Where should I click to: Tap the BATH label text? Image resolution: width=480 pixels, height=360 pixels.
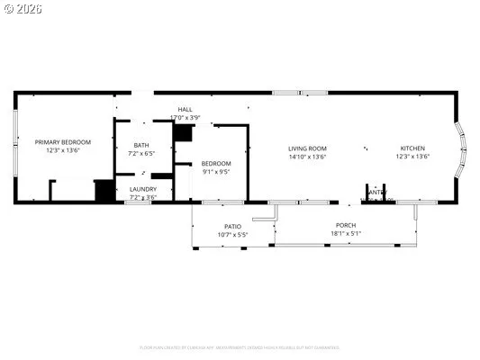142,145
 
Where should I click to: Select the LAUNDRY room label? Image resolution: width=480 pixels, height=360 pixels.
143,189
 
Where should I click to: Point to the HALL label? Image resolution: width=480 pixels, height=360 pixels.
185,110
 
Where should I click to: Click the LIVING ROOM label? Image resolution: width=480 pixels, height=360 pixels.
307,148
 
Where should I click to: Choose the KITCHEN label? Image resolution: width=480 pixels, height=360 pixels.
413,148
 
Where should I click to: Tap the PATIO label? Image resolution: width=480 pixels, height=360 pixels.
232,226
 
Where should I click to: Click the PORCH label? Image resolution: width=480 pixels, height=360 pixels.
346,226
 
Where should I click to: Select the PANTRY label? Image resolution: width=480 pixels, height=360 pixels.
376,192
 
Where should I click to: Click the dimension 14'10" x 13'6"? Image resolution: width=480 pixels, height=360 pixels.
307,157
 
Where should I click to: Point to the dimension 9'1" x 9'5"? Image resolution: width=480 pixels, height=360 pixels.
216,171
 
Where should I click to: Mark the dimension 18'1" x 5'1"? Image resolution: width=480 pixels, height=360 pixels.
346,234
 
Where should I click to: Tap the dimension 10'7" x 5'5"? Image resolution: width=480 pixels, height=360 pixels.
232,234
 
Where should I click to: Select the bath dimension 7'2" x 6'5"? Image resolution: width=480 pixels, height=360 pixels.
142,153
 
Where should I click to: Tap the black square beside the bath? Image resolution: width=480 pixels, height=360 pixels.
184,133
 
